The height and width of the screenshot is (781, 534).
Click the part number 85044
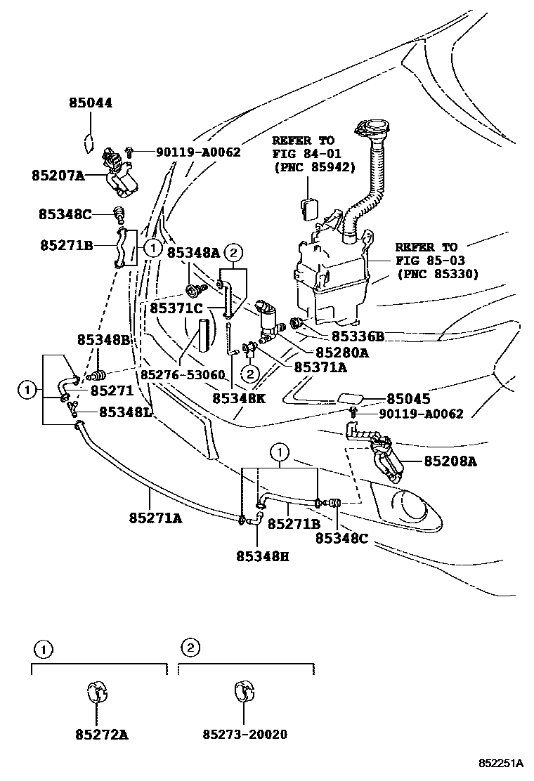(x=91, y=103)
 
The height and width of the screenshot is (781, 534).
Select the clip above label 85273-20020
(x=243, y=691)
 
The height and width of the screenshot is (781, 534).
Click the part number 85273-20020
(x=245, y=734)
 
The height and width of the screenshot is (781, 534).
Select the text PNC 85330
(x=437, y=274)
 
